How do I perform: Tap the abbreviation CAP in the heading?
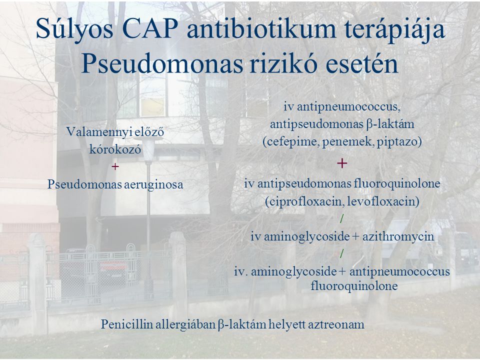pyautogui.click(x=149, y=29)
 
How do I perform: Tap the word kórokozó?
pyautogui.click(x=115, y=149)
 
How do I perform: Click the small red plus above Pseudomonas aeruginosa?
pyautogui.click(x=115, y=166)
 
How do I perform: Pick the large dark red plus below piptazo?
pyautogui.click(x=342, y=163)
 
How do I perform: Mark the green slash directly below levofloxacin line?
pyautogui.click(x=342, y=218)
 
